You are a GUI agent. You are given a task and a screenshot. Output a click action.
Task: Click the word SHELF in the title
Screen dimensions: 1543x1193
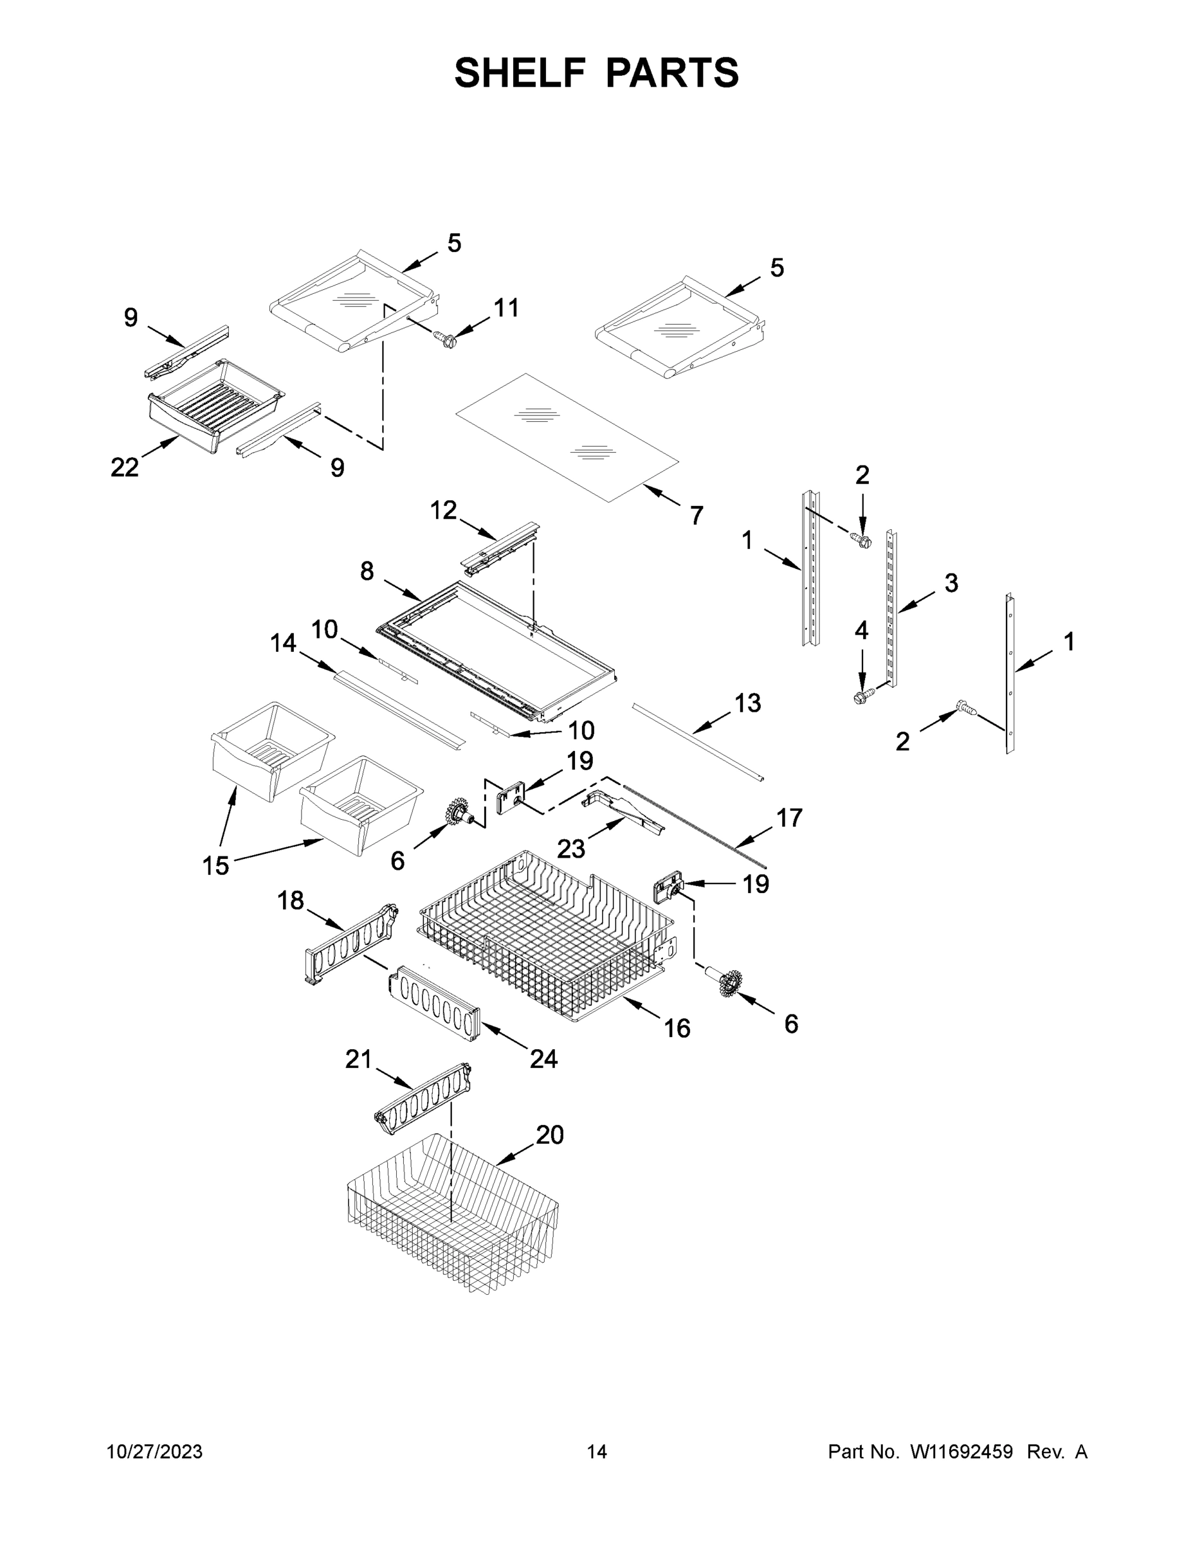click(x=520, y=73)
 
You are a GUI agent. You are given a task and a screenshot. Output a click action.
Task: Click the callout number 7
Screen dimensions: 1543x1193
click(x=696, y=516)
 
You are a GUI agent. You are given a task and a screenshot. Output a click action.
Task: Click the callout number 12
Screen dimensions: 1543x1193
click(x=443, y=509)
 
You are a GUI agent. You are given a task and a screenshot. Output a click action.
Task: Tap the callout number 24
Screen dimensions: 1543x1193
click(x=543, y=1058)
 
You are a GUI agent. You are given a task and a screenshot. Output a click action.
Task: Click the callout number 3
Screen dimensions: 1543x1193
click(x=951, y=583)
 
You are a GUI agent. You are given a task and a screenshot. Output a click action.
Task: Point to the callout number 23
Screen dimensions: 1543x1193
click(x=570, y=849)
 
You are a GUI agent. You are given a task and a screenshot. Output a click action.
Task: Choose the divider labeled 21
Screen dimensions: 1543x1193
click(x=423, y=1100)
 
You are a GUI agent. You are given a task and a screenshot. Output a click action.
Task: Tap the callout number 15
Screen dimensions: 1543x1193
click(x=215, y=865)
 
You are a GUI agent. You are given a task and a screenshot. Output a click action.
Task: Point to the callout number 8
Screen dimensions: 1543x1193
click(x=366, y=571)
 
